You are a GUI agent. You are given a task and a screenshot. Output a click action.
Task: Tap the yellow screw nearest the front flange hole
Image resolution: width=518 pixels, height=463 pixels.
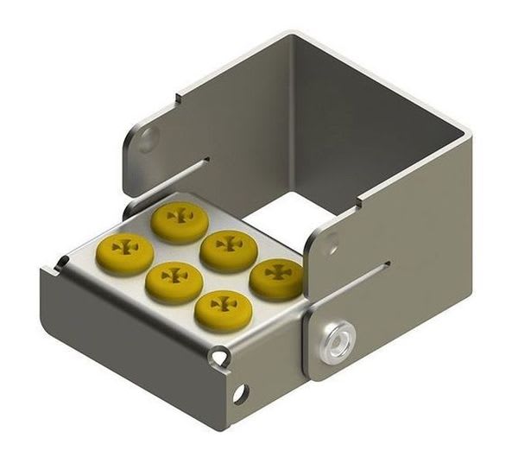[x=223, y=310]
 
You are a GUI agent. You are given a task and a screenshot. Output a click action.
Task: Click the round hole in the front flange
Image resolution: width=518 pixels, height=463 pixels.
[x=239, y=394]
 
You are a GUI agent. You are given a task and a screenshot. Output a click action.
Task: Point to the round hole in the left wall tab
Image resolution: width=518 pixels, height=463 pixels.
[x=148, y=137]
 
